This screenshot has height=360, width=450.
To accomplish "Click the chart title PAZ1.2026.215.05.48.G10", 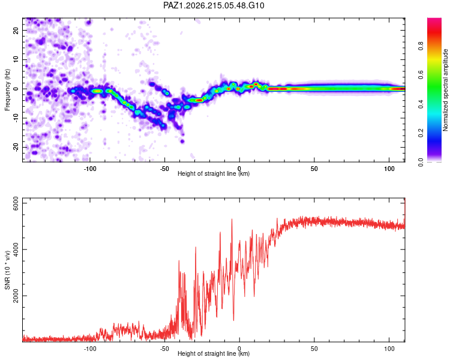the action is click(x=214, y=5).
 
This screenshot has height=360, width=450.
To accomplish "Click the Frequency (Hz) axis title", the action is click(x=7, y=90).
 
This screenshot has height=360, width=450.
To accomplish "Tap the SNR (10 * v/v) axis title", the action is click(x=7, y=270).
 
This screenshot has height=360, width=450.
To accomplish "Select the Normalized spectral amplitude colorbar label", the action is click(x=445, y=90).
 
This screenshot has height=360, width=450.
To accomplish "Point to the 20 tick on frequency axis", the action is click(x=16, y=30).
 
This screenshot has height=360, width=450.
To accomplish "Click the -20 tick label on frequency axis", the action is click(x=16, y=147).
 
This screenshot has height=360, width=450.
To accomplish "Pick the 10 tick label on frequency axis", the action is click(x=16, y=59).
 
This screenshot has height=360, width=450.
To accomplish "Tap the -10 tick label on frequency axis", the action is click(x=16, y=118).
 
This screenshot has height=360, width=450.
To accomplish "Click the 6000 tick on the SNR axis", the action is click(x=16, y=203).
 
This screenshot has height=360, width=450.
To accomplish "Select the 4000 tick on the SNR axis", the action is click(x=16, y=250).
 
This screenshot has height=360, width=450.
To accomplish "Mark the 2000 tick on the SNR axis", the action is click(x=16, y=296).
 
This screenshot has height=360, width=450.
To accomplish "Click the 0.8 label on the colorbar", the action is click(x=421, y=46).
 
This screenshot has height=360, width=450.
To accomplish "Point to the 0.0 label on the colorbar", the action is click(x=421, y=162).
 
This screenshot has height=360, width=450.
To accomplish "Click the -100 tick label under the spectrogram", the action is click(x=90, y=169).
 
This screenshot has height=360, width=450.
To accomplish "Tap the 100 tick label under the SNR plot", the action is click(x=389, y=349).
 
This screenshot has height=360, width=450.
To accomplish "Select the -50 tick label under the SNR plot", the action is click(x=164, y=349).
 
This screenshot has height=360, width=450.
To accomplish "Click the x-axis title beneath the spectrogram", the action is click(x=214, y=173).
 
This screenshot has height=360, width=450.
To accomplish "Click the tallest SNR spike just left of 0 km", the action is click(x=232, y=220).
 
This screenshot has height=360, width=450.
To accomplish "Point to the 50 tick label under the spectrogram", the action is click(x=314, y=169).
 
